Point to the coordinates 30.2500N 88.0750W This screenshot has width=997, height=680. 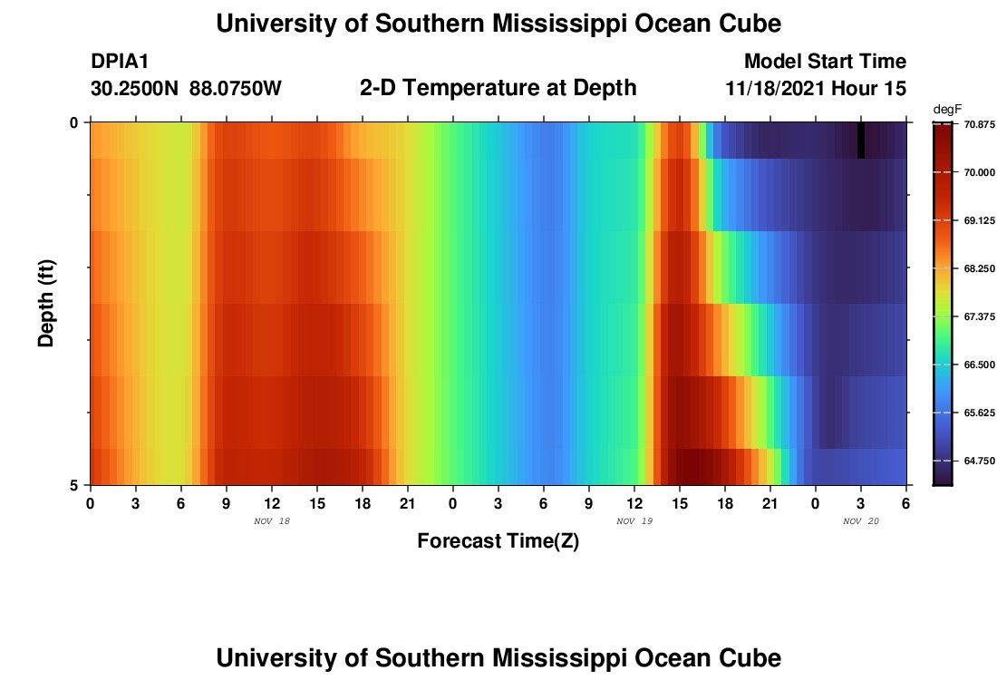186,89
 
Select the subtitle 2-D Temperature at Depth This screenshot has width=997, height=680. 498,88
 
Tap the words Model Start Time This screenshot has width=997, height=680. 824,62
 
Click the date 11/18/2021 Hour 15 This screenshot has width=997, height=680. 816,89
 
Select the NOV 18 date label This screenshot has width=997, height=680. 272,521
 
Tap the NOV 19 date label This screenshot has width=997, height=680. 634,521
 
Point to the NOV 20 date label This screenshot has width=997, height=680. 861,521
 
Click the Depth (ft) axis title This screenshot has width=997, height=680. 47,303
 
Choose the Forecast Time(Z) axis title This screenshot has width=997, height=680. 498,541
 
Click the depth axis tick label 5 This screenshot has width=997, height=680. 73,485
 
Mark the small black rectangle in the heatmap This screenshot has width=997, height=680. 861,141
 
